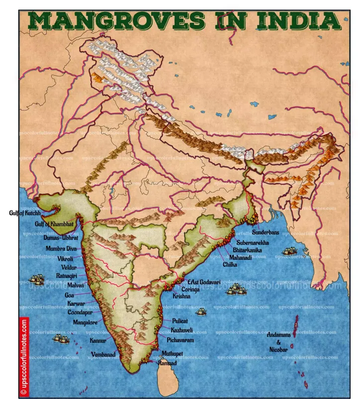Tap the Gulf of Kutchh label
pyautogui.click(x=24, y=213)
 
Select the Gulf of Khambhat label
pyautogui.click(x=54, y=224)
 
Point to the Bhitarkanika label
pyautogui.click(x=247, y=250)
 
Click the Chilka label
pyautogui.click(x=230, y=265)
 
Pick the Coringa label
pyautogui.click(x=190, y=289)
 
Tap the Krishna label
pyautogui.click(x=181, y=296)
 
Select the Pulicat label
pyautogui.click(x=180, y=321)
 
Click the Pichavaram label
pyautogui.click(x=180, y=340)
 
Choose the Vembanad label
pyautogui.click(x=103, y=355)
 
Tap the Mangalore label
pyautogui.click(x=85, y=322)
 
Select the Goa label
pyautogui.click(x=69, y=295)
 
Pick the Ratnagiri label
pyautogui.click(x=66, y=276)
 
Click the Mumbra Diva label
pyautogui.click(x=61, y=248)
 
